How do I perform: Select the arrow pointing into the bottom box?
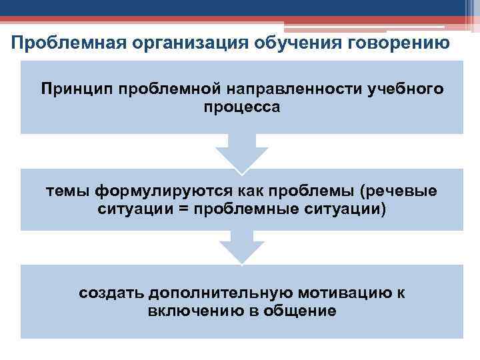[x=242, y=247]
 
